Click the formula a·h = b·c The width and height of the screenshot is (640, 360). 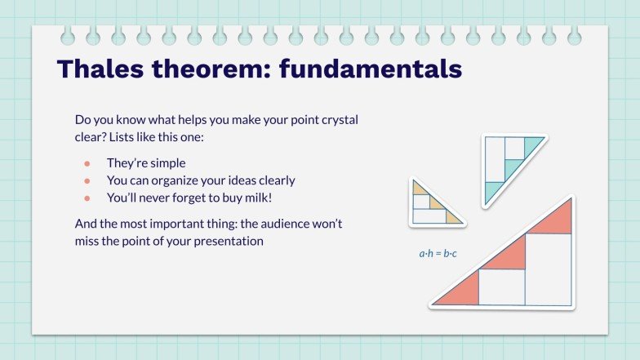438,254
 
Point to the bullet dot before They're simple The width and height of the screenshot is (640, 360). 87,163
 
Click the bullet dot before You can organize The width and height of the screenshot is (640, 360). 87,180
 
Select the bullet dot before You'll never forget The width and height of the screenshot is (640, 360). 87,198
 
